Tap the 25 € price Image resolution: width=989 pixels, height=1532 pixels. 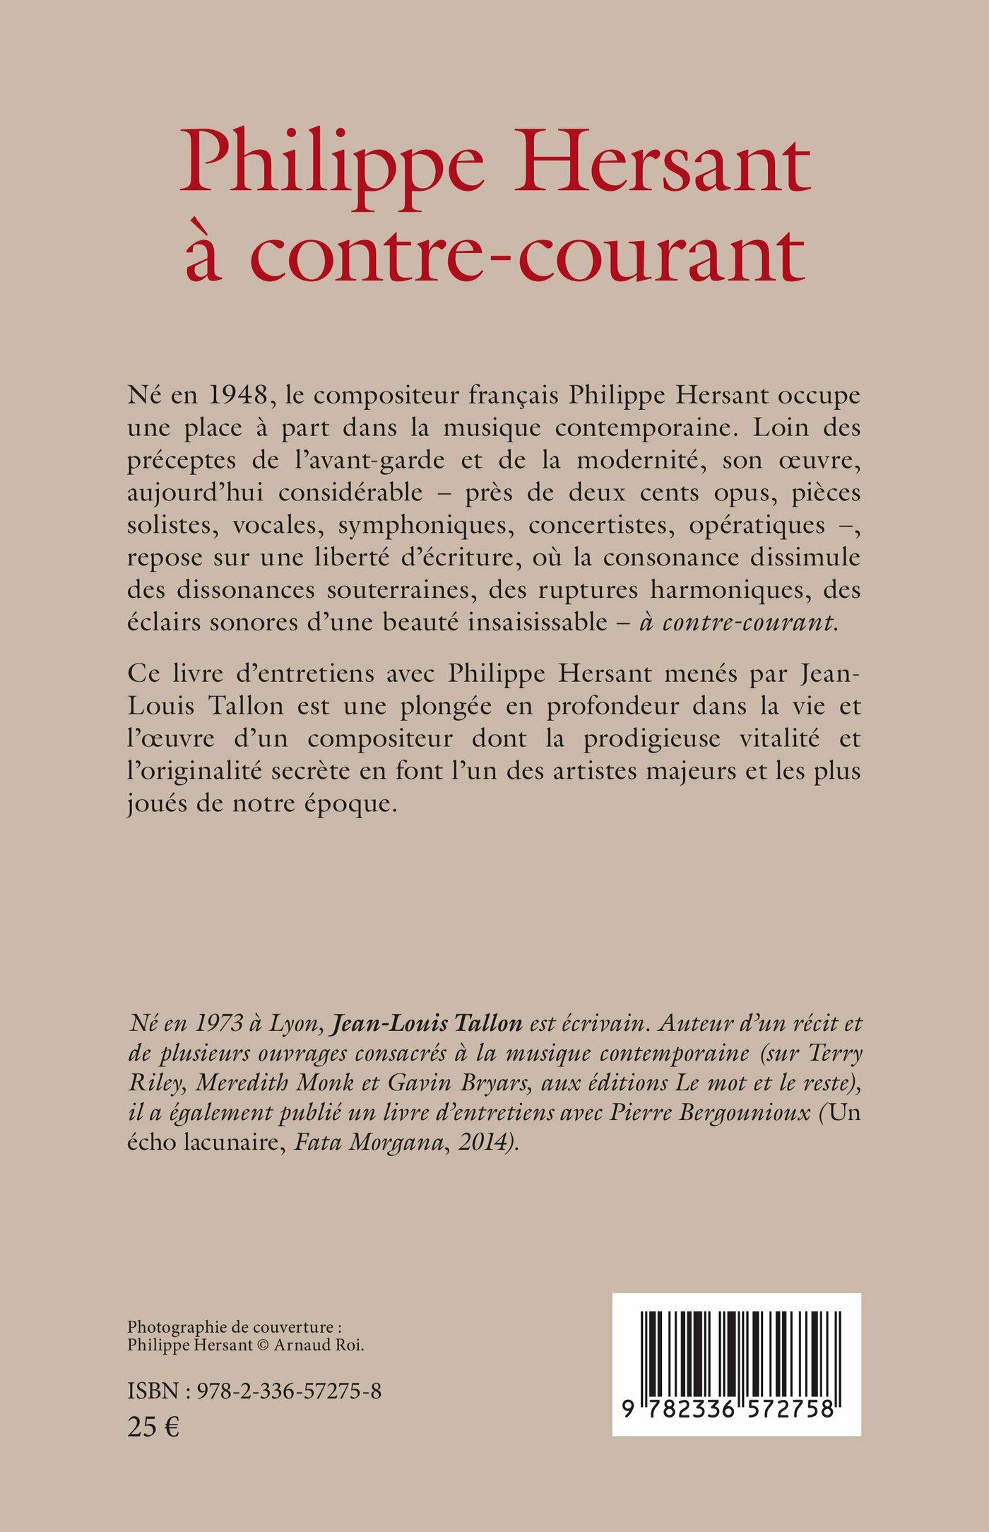click(153, 1428)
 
